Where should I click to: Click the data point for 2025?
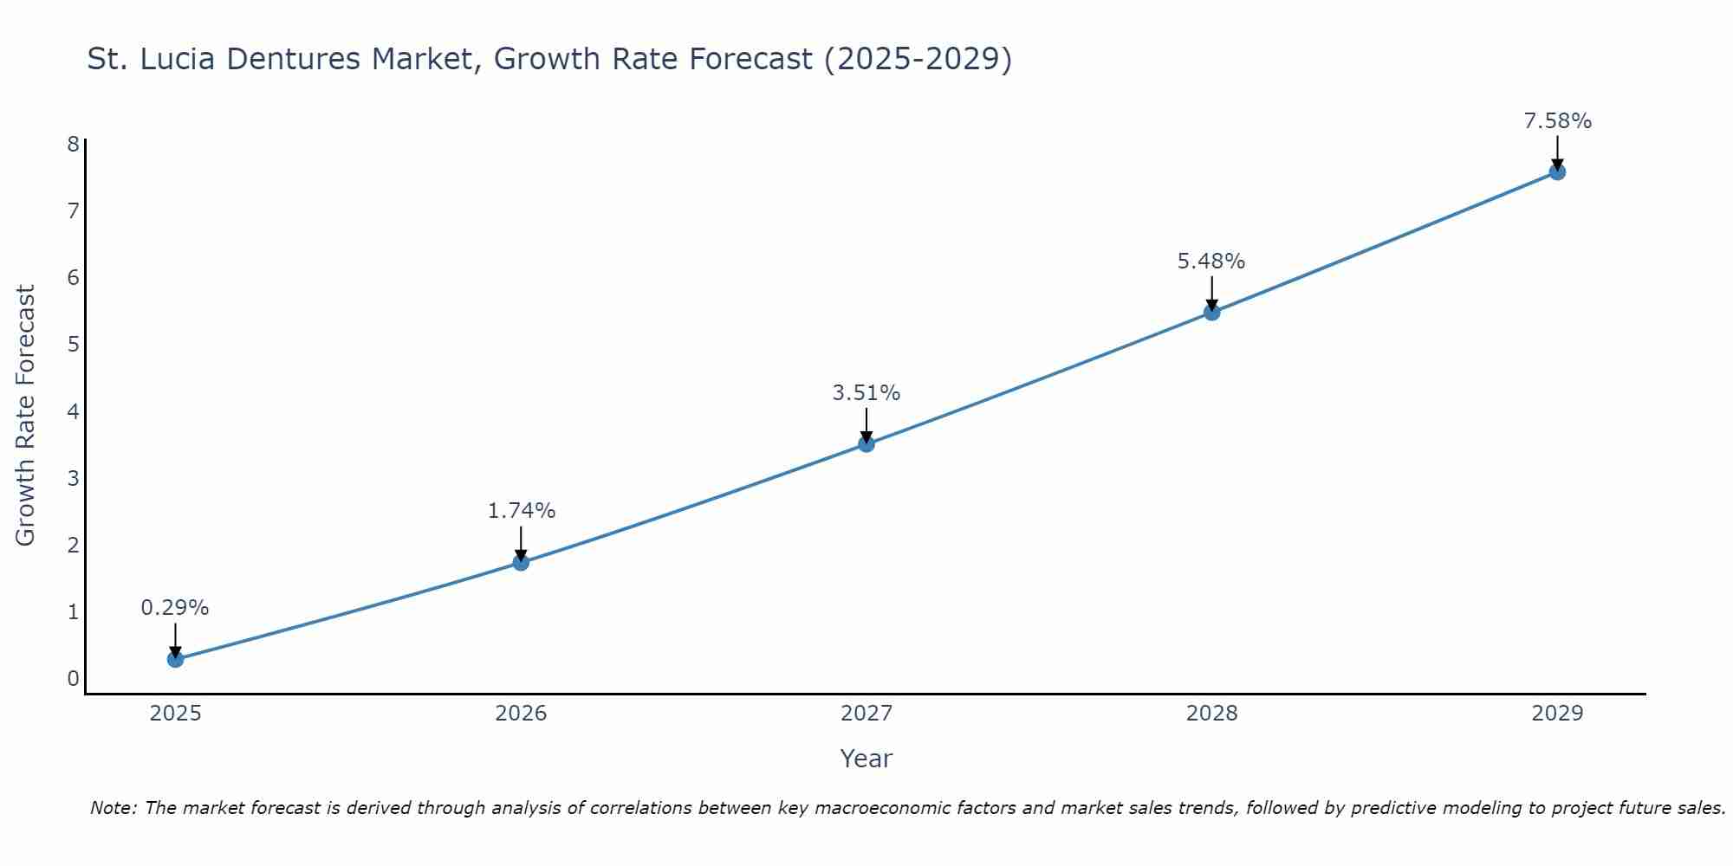(175, 659)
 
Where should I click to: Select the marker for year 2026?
(521, 562)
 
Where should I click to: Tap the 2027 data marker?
(866, 444)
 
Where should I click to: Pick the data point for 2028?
(1211, 312)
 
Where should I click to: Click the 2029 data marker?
(1557, 171)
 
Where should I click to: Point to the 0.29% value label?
(175, 608)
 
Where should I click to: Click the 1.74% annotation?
(521, 511)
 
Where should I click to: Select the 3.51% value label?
(866, 393)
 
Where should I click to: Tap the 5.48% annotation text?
(1211, 261)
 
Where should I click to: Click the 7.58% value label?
(1557, 121)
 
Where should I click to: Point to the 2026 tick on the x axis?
(521, 714)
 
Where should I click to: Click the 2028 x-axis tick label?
(1211, 714)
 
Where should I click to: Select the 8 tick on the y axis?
(73, 144)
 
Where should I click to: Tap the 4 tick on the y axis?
(73, 411)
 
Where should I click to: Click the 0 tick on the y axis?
(73, 679)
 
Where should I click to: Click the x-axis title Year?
(866, 759)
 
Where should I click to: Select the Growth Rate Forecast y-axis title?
(26, 416)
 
